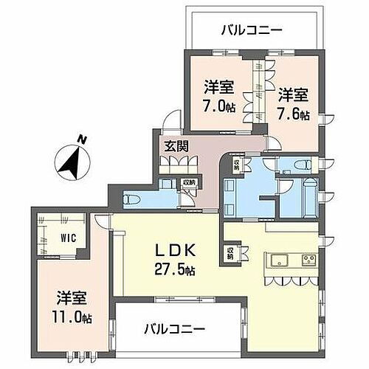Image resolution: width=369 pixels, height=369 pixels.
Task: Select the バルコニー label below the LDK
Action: pos(175,327)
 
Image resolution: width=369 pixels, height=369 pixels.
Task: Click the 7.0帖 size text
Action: pos(219,105)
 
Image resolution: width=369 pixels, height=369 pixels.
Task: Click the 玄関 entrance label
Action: pos(175,146)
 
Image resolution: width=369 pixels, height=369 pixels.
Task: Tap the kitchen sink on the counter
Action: pos(280,258)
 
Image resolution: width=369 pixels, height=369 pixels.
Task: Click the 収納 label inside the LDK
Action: pos(230,254)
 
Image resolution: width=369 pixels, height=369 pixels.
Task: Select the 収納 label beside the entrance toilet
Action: pos(190,183)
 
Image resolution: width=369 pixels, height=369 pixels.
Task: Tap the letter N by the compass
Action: pos(84,140)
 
